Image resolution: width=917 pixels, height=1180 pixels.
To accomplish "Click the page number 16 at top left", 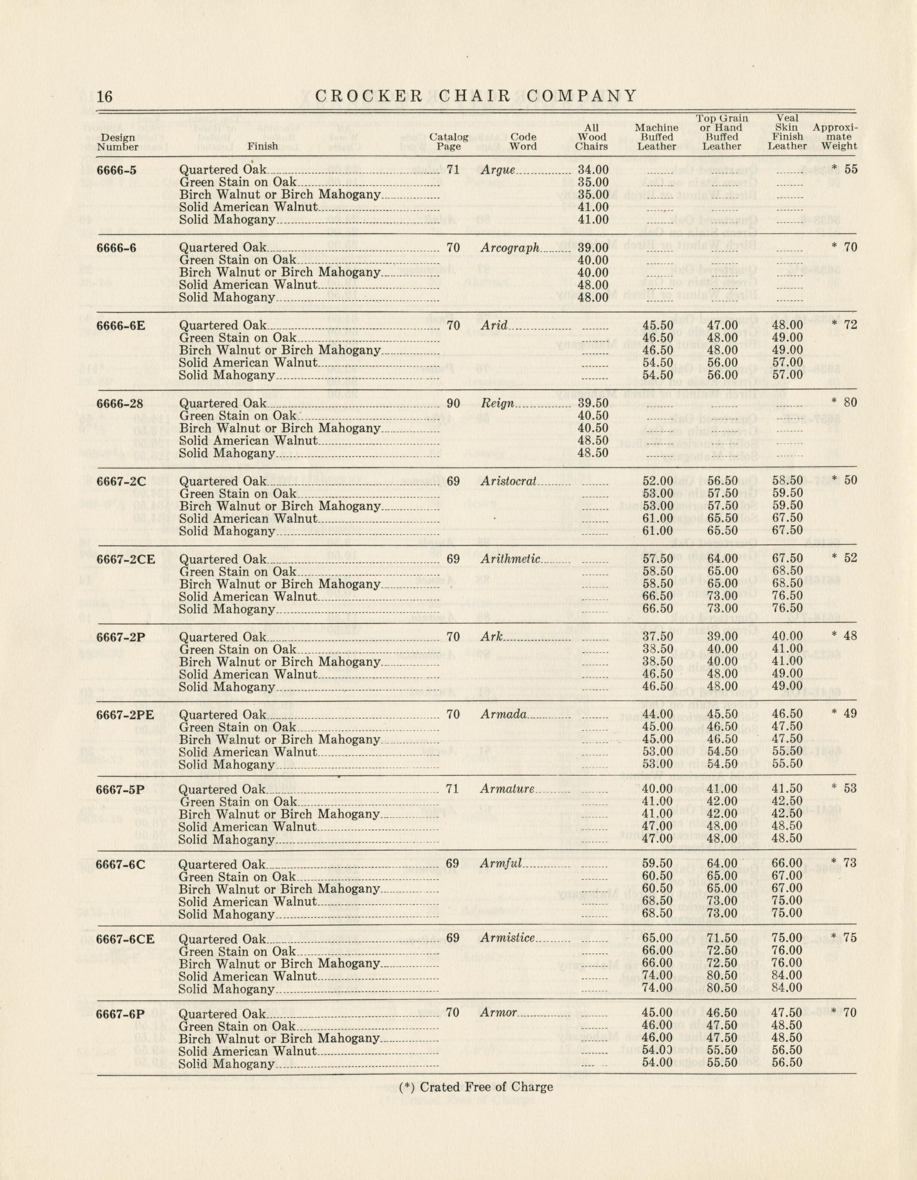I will click(x=105, y=97).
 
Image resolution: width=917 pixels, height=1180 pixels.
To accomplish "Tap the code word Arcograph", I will click(x=510, y=248).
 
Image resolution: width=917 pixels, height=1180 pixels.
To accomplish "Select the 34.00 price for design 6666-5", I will click(x=593, y=170).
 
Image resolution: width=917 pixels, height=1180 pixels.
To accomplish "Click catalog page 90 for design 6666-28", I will click(x=453, y=403).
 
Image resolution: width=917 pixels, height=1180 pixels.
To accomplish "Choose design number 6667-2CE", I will click(x=125, y=559).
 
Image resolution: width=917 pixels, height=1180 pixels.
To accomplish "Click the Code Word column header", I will click(x=523, y=142).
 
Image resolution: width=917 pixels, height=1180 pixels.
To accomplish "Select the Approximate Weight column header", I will click(x=835, y=137).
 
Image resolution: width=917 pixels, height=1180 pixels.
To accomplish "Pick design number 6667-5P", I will click(x=120, y=789).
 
